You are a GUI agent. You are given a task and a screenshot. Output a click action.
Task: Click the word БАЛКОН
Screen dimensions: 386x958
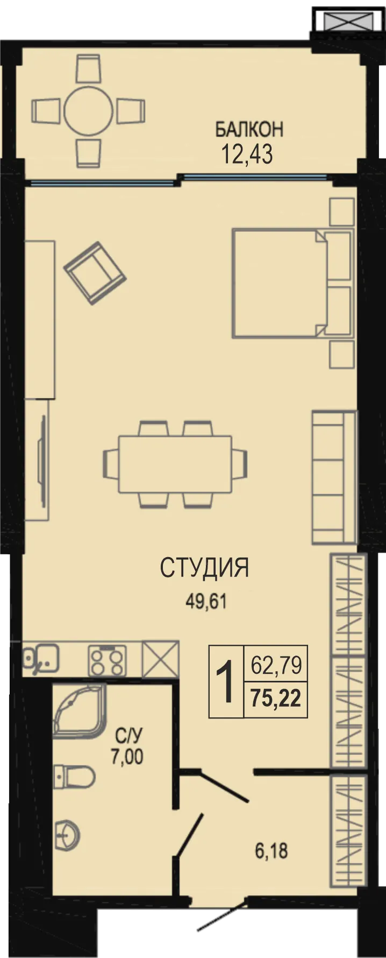click(x=249, y=130)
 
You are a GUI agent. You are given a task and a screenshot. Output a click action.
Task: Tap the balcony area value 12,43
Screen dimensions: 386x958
click(x=247, y=154)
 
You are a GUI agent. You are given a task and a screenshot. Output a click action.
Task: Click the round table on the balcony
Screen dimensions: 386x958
click(x=88, y=110)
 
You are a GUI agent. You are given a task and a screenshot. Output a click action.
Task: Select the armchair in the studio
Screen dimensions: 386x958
click(x=95, y=273)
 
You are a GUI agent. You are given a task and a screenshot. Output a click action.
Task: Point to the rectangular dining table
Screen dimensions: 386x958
click(x=175, y=464)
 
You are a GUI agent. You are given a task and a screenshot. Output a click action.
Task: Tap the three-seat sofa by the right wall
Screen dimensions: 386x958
click(x=334, y=477)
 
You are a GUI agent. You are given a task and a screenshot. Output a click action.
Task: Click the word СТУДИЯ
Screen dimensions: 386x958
click(x=204, y=568)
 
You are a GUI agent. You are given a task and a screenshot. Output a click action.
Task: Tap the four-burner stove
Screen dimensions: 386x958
click(x=107, y=660)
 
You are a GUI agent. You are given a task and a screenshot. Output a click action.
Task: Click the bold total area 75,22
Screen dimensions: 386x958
click(x=276, y=699)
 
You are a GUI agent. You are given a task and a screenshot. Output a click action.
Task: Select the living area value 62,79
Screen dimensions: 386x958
click(x=276, y=666)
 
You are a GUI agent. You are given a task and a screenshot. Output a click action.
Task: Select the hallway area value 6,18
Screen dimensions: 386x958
click(x=271, y=851)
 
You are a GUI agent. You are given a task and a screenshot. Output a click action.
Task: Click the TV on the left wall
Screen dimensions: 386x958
click(x=42, y=460)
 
